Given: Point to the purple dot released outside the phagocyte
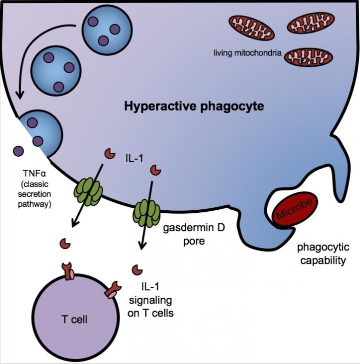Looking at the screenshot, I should (18, 150).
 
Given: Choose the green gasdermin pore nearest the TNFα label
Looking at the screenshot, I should (88, 191).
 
